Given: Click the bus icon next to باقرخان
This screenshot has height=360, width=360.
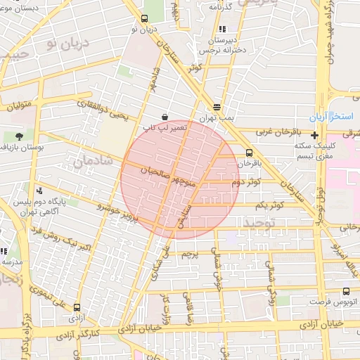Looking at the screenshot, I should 249,153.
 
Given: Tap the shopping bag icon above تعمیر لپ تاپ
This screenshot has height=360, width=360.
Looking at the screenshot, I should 164,116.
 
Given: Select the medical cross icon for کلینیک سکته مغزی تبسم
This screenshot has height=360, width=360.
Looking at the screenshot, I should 315,135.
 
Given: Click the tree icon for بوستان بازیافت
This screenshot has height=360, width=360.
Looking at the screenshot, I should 18,136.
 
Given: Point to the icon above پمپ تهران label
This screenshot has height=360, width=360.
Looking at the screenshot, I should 217,108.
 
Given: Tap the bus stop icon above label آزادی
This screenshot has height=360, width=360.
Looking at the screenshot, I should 77,307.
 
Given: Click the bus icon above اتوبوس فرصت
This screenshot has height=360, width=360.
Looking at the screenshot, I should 345,291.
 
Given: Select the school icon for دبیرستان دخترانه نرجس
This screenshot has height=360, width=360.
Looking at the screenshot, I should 223,30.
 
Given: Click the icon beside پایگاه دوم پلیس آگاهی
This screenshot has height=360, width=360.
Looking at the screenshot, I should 39,191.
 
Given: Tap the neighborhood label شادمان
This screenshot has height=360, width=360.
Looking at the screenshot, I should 88,163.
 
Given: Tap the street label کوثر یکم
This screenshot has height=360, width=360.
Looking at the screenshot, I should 268,205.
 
